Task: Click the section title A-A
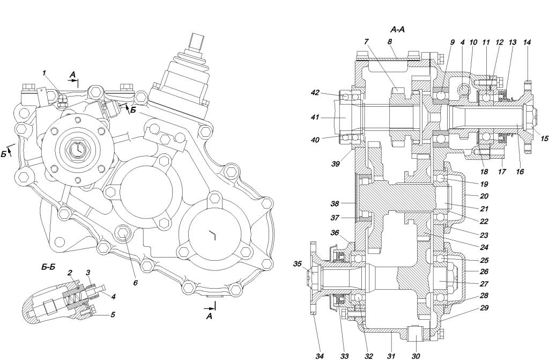[397, 30]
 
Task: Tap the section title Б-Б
[48, 267]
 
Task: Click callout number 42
[315, 92]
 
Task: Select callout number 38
[335, 203]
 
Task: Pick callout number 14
[526, 42]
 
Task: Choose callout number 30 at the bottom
[416, 356]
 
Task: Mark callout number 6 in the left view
[136, 282]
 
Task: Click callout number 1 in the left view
[44, 73]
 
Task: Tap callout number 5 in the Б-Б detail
[113, 314]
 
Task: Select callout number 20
[484, 196]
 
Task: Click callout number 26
[484, 271]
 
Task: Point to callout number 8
[390, 41]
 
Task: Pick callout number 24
[484, 247]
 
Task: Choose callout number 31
[391, 356]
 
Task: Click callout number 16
[520, 172]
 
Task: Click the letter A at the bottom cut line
[209, 317]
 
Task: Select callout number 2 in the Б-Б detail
[70, 273]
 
